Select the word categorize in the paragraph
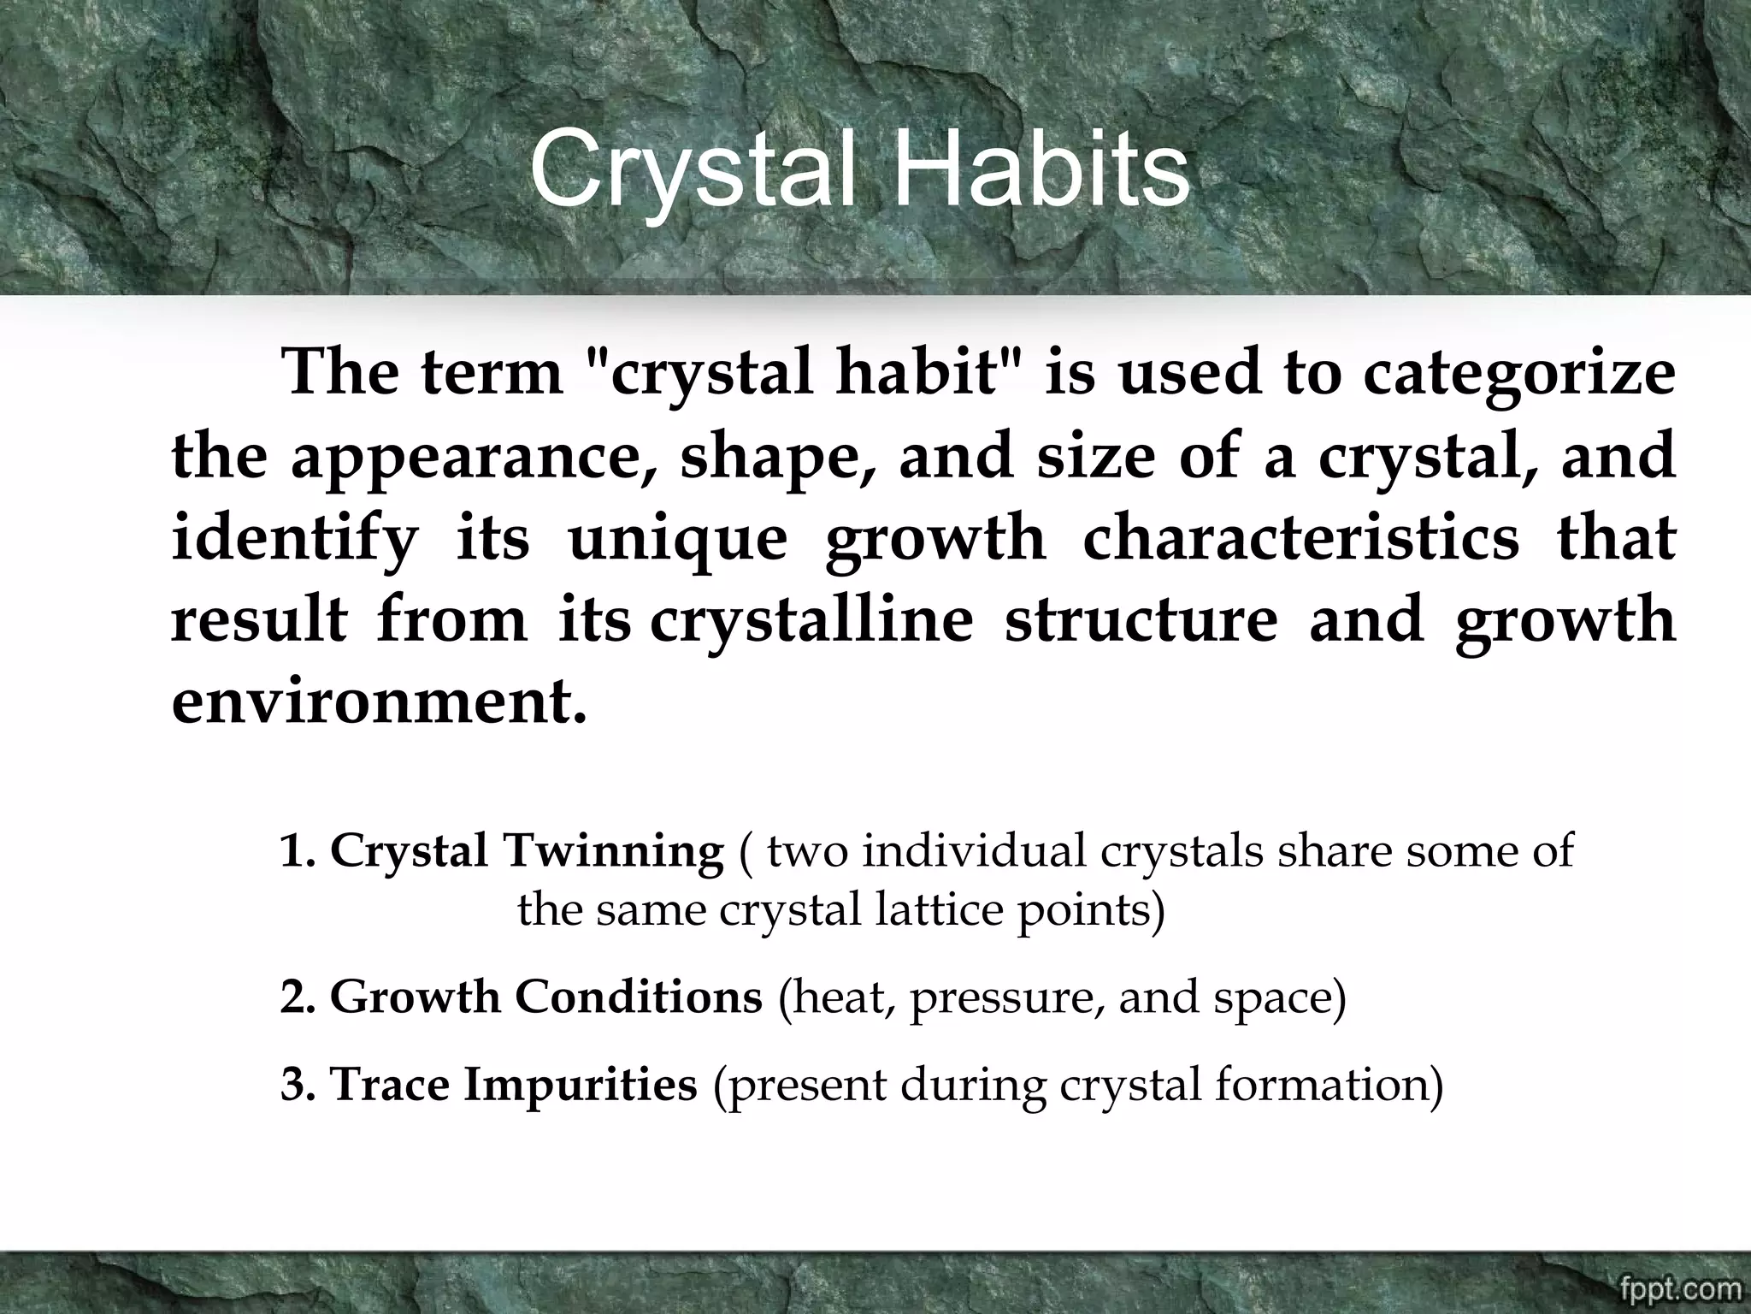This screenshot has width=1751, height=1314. (x=1518, y=376)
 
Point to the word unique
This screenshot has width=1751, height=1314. (x=677, y=539)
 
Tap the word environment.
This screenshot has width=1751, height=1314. (x=379, y=702)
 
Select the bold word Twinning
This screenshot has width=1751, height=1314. (x=613, y=851)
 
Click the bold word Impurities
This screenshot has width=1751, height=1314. (x=581, y=1085)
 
